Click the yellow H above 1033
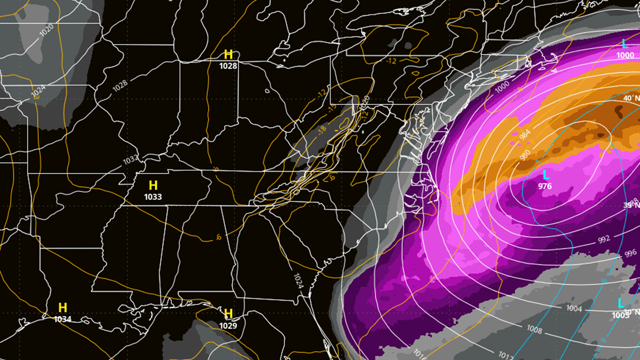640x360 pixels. (x=153, y=186)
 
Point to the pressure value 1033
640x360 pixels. (x=153, y=197)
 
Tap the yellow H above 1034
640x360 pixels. (x=63, y=308)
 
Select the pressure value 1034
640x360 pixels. (x=63, y=319)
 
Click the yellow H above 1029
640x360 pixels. (x=229, y=313)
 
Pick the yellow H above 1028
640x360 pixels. (x=228, y=54)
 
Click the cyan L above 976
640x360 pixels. (x=546, y=175)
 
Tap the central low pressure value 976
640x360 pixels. (x=545, y=186)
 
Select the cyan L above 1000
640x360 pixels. (x=625, y=44)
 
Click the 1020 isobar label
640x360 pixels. (x=46, y=30)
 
